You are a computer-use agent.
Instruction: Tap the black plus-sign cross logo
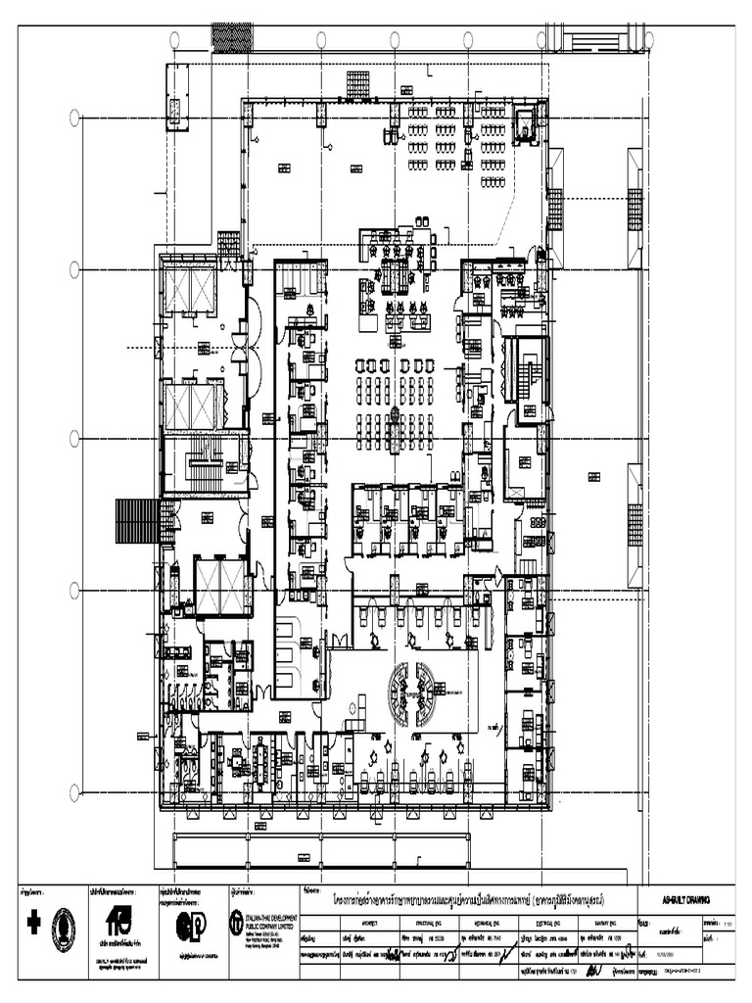click(33, 923)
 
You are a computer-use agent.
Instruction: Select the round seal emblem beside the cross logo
click(63, 929)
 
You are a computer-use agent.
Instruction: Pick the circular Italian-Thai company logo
click(237, 921)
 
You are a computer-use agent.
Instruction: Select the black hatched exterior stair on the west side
click(136, 520)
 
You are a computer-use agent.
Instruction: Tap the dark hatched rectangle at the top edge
click(233, 38)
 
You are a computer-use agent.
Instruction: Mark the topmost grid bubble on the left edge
click(74, 118)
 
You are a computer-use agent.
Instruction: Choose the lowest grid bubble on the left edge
click(74, 791)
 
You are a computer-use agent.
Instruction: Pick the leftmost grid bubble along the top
click(174, 39)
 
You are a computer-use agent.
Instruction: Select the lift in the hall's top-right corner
click(526, 123)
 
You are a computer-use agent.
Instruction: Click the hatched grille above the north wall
click(357, 84)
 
